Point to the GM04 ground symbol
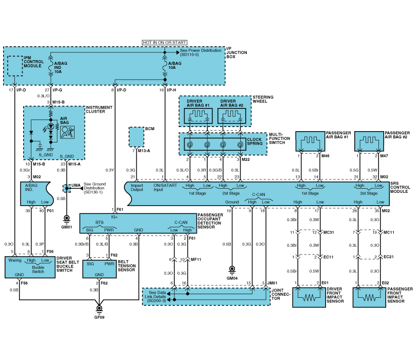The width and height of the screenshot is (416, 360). pos(232,268)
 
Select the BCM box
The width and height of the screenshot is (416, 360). pos(136,137)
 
